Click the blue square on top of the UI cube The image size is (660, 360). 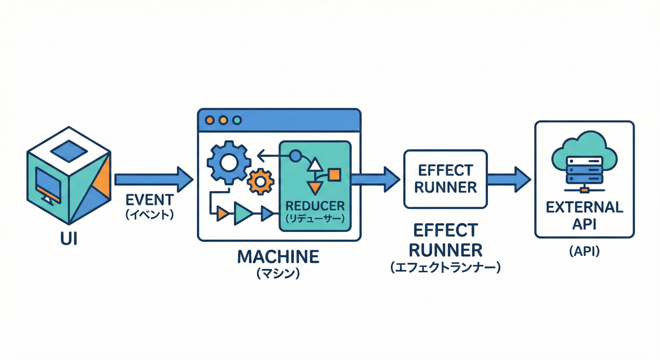(68, 150)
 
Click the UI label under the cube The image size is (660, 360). (69, 240)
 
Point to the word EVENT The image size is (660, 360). (150, 200)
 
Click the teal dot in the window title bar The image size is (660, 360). (237, 120)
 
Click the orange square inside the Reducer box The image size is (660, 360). (334, 175)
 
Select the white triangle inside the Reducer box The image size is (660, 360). (315, 165)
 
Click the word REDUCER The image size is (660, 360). (315, 205)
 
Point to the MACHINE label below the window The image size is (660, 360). (278, 256)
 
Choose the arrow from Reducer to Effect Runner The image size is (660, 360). (375, 179)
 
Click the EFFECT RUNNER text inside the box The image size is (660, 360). (445, 179)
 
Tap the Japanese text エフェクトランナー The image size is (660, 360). (445, 268)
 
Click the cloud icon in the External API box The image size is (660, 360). (584, 150)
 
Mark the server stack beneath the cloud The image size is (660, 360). (584, 171)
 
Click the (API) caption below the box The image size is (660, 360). (584, 252)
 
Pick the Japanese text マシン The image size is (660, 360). (278, 273)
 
